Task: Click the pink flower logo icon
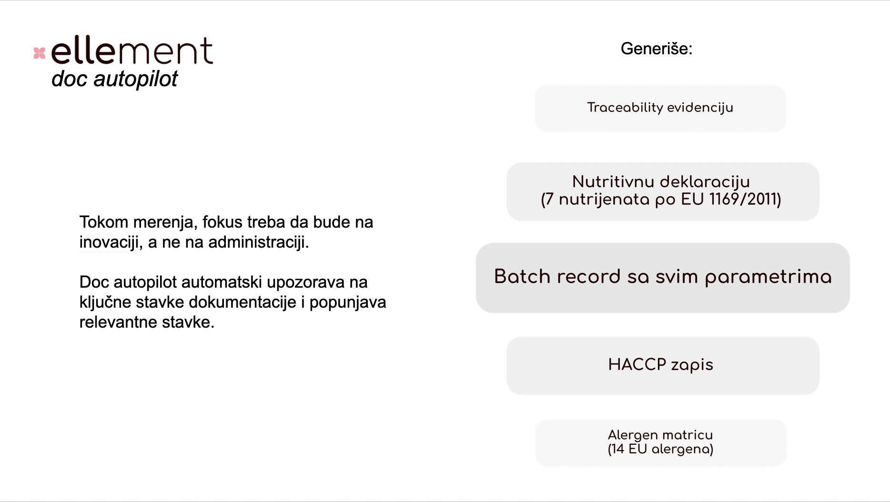[40, 53]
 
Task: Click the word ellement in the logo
[132, 50]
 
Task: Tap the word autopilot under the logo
[135, 79]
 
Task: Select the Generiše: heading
[656, 49]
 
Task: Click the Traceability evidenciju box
[660, 108]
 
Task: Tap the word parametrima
[768, 277]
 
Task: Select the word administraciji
[258, 242]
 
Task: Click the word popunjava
[348, 303]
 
